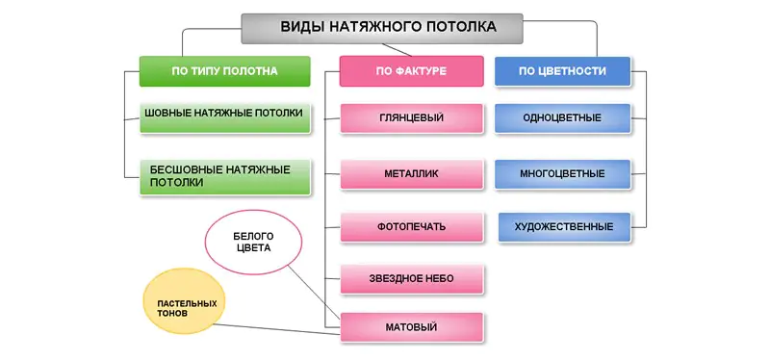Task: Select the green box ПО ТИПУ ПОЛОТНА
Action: [x=224, y=71]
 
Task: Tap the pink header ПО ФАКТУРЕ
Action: [x=411, y=71]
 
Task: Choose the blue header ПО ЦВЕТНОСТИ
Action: [x=562, y=71]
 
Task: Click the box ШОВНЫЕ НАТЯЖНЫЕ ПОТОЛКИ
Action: [x=224, y=114]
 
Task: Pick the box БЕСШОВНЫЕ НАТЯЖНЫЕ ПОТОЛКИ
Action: [x=224, y=175]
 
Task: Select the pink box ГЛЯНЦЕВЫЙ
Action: [x=411, y=118]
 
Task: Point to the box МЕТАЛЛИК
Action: [x=411, y=173]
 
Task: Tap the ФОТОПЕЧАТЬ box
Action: [x=411, y=227]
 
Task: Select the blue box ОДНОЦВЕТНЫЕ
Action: [x=562, y=118]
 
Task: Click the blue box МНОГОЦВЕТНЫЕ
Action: [x=562, y=174]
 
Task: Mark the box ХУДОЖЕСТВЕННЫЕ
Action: [x=563, y=227]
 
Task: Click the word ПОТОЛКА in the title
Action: [x=459, y=28]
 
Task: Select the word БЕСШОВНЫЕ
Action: [x=186, y=169]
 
